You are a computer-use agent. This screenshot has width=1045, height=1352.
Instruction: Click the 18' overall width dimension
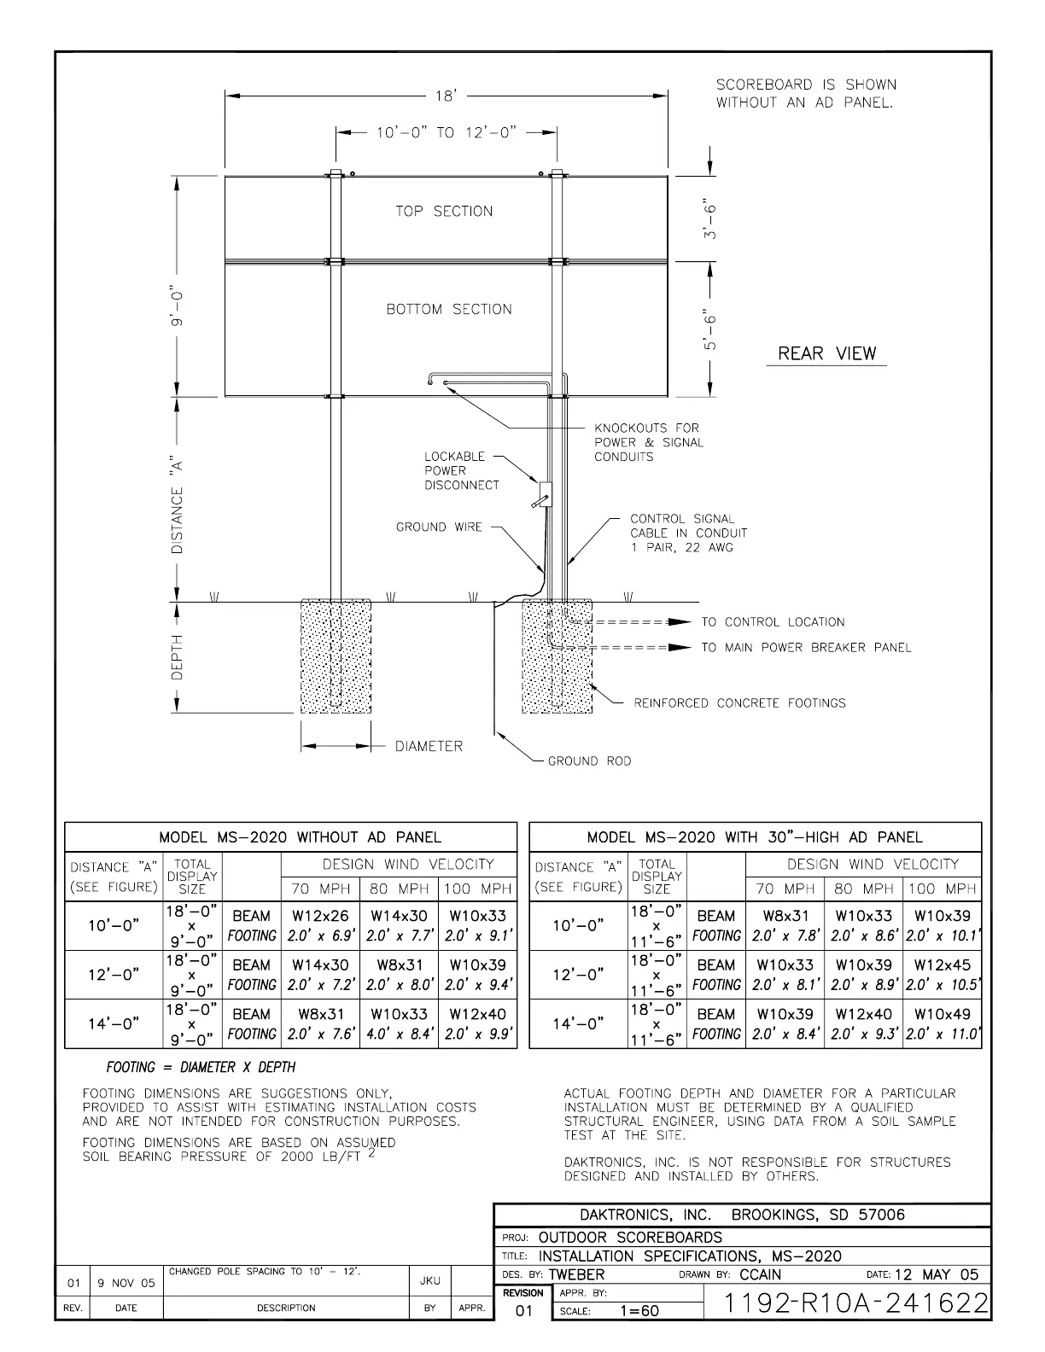pyautogui.click(x=445, y=96)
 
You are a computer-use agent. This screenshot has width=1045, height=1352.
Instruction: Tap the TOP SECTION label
pyautogui.click(x=444, y=211)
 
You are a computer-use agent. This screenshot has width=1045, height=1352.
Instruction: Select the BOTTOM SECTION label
pyautogui.click(x=449, y=309)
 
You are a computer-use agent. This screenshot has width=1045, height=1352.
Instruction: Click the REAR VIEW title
pyautogui.click(x=826, y=353)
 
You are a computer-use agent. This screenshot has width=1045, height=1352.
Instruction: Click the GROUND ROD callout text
pyautogui.click(x=589, y=760)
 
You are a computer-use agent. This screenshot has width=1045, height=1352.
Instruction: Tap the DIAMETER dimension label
pyautogui.click(x=429, y=746)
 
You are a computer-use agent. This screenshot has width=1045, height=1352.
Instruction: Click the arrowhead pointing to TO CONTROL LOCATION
pyautogui.click(x=680, y=622)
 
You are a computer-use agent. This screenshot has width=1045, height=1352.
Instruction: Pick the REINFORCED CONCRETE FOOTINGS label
pyautogui.click(x=739, y=703)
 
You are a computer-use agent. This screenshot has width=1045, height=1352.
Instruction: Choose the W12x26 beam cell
pyautogui.click(x=320, y=916)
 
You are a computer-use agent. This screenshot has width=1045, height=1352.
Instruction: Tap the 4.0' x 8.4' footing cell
pyautogui.click(x=399, y=1034)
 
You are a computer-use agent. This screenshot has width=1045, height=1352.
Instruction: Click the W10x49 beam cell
pyautogui.click(x=942, y=1014)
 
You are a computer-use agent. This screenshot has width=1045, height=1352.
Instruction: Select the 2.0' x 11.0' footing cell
pyautogui.click(x=943, y=1034)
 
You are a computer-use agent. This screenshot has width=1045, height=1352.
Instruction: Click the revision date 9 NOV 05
pyautogui.click(x=126, y=1283)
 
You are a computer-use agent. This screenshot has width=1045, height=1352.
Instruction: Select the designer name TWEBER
pyautogui.click(x=576, y=1274)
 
